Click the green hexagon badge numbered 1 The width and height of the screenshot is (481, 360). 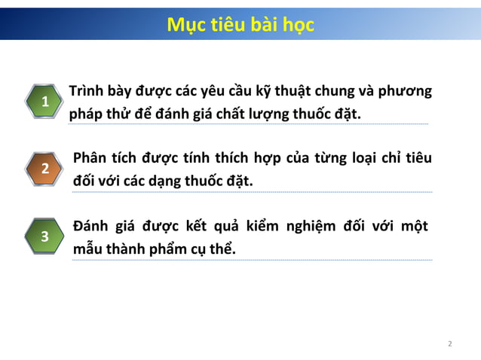[45, 102]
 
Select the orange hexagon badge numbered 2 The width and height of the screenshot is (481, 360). [45, 169]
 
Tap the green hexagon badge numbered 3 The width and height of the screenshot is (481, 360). [45, 236]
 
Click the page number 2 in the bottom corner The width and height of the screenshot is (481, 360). [450, 344]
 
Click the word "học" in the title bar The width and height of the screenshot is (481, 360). [298, 25]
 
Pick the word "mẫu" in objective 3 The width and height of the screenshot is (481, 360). [87, 249]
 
